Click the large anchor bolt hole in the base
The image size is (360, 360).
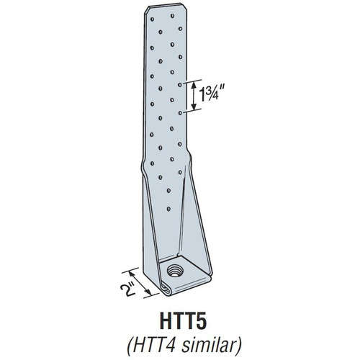click(175, 273)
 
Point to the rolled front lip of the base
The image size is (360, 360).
click(173, 289)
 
